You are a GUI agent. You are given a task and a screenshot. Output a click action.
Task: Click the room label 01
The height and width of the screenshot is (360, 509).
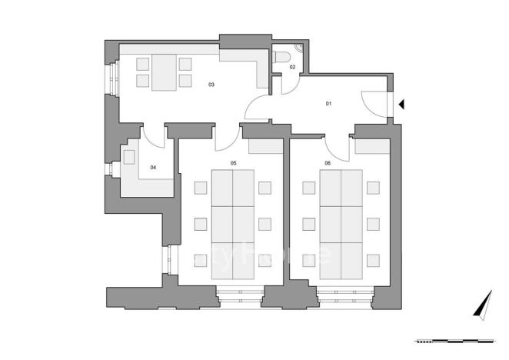click(x=328, y=104)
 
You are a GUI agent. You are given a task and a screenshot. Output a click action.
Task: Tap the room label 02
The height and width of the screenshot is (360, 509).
click(x=292, y=68)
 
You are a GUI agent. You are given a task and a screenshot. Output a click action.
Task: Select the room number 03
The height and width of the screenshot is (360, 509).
click(x=211, y=84)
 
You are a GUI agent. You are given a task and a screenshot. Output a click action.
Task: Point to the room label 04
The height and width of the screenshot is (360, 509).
click(x=153, y=167)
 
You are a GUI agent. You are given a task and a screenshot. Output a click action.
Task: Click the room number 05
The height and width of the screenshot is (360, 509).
click(x=233, y=163)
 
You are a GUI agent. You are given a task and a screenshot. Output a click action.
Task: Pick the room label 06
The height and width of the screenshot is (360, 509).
click(x=328, y=163)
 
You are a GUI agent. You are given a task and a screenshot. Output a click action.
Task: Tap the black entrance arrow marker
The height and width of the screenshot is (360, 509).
click(x=401, y=105)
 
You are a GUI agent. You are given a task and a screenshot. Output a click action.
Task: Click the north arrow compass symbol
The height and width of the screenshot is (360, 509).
click(x=482, y=305)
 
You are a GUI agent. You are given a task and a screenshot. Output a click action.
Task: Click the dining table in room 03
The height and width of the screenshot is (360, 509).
click(x=164, y=73)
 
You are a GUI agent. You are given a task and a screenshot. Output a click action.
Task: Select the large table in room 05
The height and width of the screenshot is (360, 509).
click(x=232, y=225)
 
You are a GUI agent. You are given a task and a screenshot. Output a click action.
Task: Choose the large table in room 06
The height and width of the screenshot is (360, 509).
click(x=341, y=225)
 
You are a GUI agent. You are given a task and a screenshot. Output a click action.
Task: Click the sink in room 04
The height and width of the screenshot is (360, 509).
click(x=129, y=156)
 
